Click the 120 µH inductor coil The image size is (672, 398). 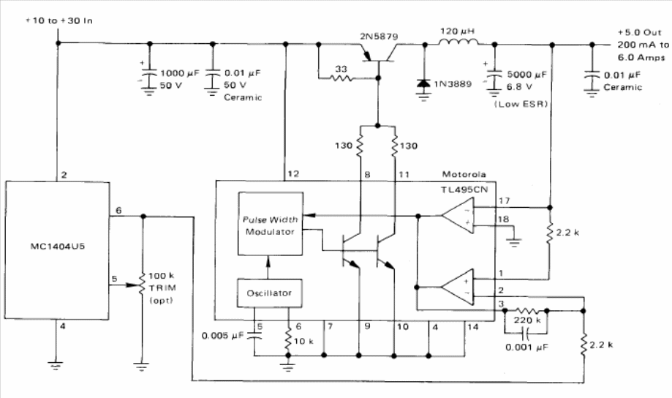click(458, 45)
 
